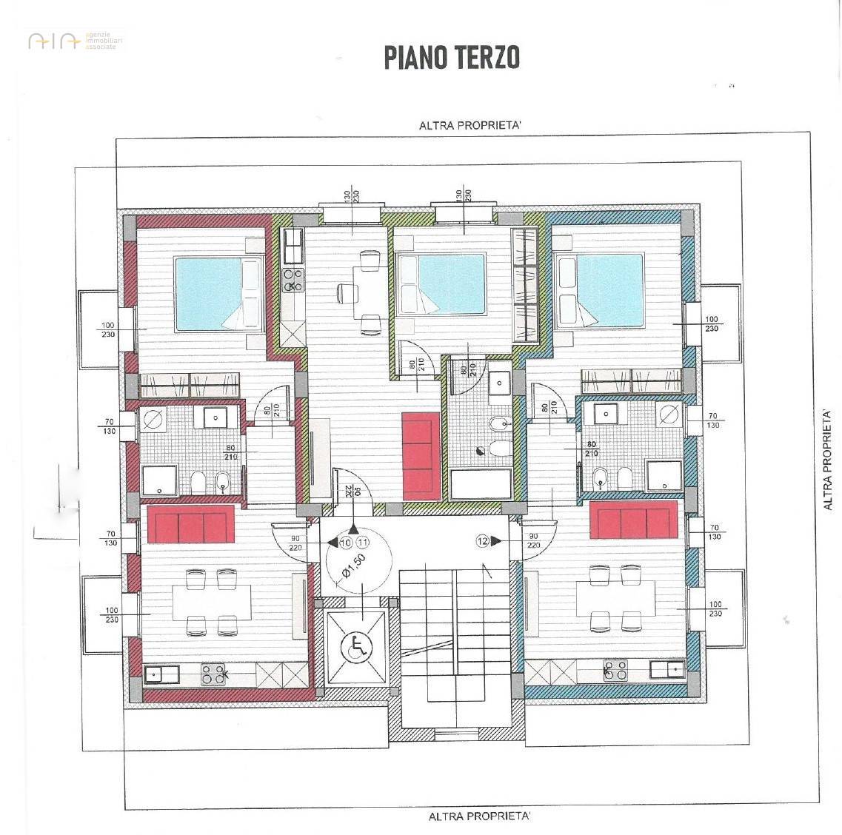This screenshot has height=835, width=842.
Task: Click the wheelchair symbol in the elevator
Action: click(x=356, y=648)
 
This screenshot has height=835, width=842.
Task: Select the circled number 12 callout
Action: click(x=484, y=542)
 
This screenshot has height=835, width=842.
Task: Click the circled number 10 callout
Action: click(x=345, y=543)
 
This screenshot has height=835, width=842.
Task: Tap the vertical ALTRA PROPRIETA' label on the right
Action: click(x=828, y=458)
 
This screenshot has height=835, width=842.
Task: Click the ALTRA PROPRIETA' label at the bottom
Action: click(x=479, y=816)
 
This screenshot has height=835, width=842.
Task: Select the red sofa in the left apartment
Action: click(x=191, y=524)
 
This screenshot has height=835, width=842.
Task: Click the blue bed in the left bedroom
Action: click(x=218, y=293)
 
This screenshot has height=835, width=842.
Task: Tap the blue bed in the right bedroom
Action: click(x=601, y=289)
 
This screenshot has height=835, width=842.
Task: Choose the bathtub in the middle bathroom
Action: click(x=480, y=485)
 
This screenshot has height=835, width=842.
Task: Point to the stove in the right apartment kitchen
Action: click(x=615, y=671)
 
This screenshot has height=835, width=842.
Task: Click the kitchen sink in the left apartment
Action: click(x=160, y=674)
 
